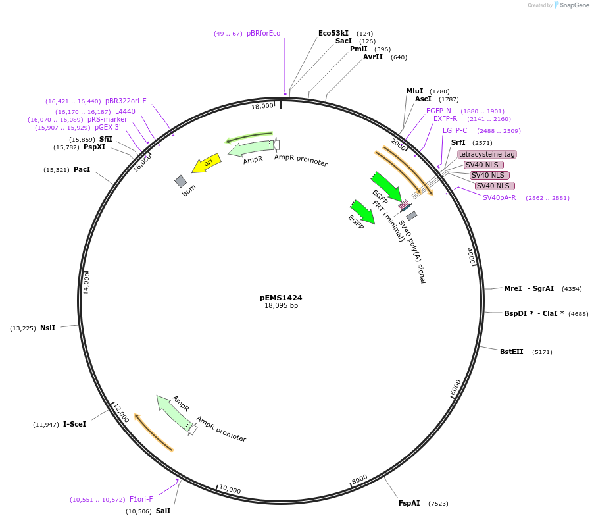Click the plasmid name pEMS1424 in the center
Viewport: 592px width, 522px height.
pyautogui.click(x=281, y=298)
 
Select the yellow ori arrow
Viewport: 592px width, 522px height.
pyautogui.click(x=205, y=163)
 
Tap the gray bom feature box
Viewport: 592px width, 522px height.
pyautogui.click(x=181, y=181)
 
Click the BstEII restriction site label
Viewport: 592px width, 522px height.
pyautogui.click(x=511, y=352)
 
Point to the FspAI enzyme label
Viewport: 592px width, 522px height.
pyautogui.click(x=409, y=503)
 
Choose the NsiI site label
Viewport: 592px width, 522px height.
pyautogui.click(x=47, y=328)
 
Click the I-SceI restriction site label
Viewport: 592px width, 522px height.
pyautogui.click(x=74, y=424)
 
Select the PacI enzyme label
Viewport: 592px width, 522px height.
pyautogui.click(x=82, y=169)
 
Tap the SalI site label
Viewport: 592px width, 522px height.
pyautogui.click(x=163, y=511)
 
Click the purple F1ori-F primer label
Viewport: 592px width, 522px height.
pyautogui.click(x=141, y=499)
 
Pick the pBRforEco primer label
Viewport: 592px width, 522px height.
pyautogui.click(x=263, y=33)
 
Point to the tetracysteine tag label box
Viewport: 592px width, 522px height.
pyautogui.click(x=487, y=154)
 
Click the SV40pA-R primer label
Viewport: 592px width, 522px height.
pyautogui.click(x=499, y=197)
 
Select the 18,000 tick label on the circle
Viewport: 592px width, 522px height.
pyautogui.click(x=262, y=106)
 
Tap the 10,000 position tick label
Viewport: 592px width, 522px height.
pyautogui.click(x=230, y=489)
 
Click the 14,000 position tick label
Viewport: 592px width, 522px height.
pyautogui.click(x=86, y=283)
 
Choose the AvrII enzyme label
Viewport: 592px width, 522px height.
pyautogui.click(x=372, y=57)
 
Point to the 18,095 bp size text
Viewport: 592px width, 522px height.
pyautogui.click(x=281, y=305)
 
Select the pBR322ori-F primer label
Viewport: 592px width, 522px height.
pyautogui.click(x=126, y=101)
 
